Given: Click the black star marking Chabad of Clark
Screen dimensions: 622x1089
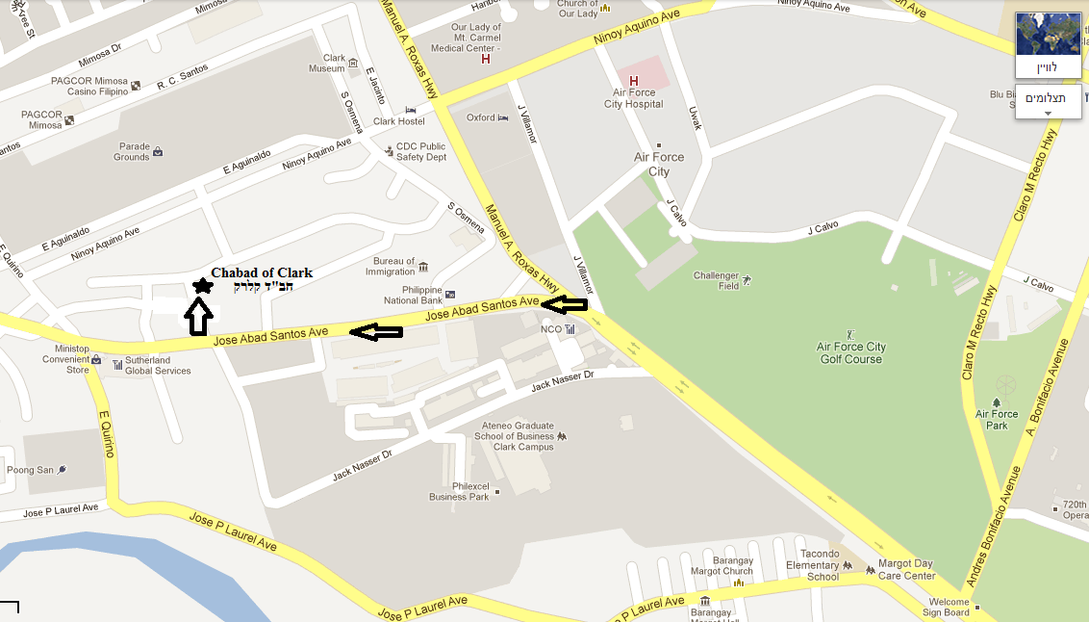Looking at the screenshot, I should click(x=202, y=285).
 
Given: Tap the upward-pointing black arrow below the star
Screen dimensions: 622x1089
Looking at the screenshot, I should click(x=199, y=317).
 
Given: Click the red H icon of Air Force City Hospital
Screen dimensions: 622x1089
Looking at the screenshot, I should click(x=633, y=81).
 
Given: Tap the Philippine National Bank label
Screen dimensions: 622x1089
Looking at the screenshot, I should click(x=414, y=295).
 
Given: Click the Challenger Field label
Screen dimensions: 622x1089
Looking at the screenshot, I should click(x=716, y=280).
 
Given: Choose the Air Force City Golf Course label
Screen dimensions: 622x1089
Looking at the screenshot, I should click(x=850, y=353).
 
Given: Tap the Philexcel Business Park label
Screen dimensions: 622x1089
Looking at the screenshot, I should click(x=459, y=492).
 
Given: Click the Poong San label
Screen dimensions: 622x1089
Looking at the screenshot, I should click(x=30, y=470).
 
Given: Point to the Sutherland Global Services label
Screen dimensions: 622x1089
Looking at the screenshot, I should click(x=158, y=366).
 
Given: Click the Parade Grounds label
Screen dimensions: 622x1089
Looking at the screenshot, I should click(x=132, y=152).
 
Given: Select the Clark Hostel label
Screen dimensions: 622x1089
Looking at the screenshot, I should click(x=398, y=121).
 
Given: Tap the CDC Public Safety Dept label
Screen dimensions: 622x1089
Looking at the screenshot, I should click(x=421, y=152).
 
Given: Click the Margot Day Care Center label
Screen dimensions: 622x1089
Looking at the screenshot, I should click(x=905, y=570).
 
